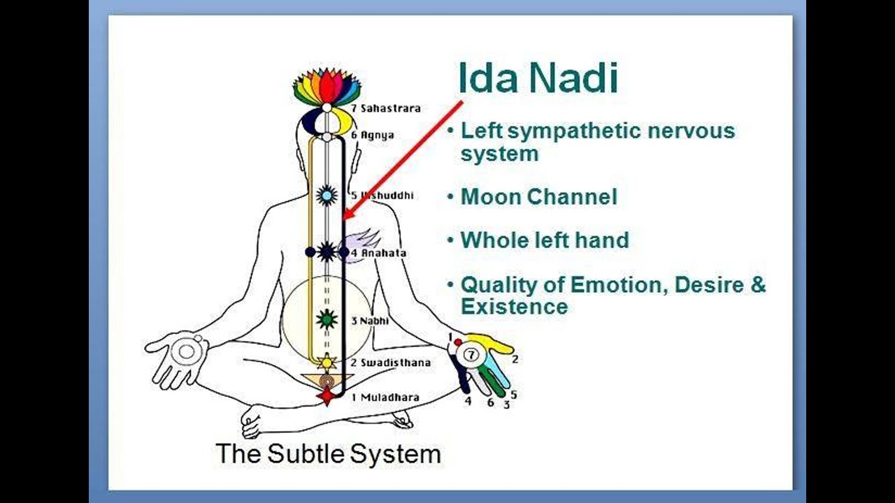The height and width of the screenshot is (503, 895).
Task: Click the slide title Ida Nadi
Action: click(x=538, y=78)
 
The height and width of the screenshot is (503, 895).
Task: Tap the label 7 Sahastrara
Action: click(x=385, y=108)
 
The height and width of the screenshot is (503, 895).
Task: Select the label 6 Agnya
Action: click(x=372, y=135)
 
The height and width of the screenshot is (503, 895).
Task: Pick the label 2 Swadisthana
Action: click(x=390, y=363)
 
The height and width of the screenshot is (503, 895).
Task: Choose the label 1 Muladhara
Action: click(x=385, y=397)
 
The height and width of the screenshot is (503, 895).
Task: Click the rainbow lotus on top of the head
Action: click(x=327, y=87)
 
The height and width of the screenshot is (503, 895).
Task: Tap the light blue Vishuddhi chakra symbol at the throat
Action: click(x=327, y=195)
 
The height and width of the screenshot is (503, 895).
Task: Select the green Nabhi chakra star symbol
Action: click(x=327, y=319)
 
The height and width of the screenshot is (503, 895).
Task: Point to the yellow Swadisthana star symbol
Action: click(x=327, y=362)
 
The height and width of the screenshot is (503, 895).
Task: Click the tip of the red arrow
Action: click(x=345, y=218)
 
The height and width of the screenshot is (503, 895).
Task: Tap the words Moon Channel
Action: click(x=538, y=197)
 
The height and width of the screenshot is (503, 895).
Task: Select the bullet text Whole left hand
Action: click(x=545, y=240)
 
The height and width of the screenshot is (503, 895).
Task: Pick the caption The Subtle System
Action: click(x=328, y=453)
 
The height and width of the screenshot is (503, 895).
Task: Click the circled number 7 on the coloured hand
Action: click(x=471, y=356)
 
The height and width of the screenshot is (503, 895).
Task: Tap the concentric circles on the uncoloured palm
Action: click(x=187, y=351)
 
